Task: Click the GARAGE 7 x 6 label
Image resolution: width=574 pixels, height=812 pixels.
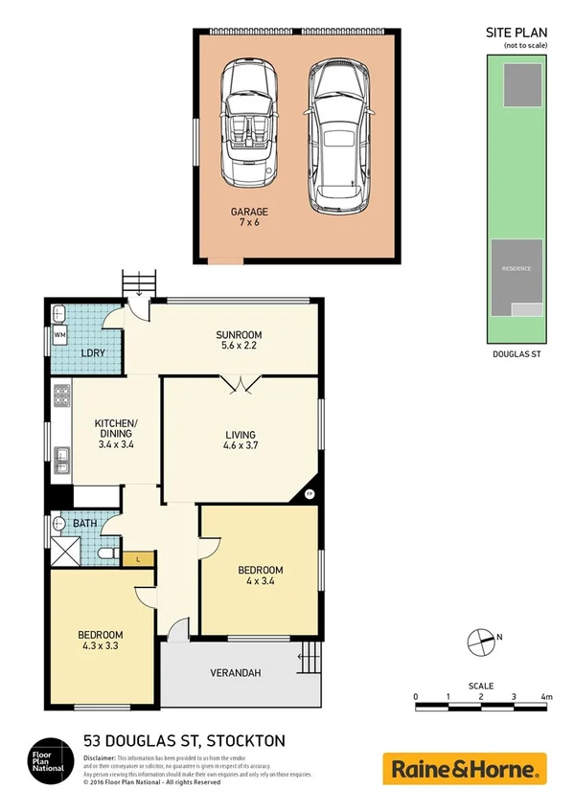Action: coord(248,217)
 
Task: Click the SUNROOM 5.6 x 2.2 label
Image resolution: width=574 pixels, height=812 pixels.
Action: coord(239,340)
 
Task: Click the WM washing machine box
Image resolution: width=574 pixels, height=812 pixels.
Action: coord(59,335)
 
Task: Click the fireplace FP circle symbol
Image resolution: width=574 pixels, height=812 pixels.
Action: coord(309,494)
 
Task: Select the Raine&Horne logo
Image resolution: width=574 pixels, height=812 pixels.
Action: coord(465,768)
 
